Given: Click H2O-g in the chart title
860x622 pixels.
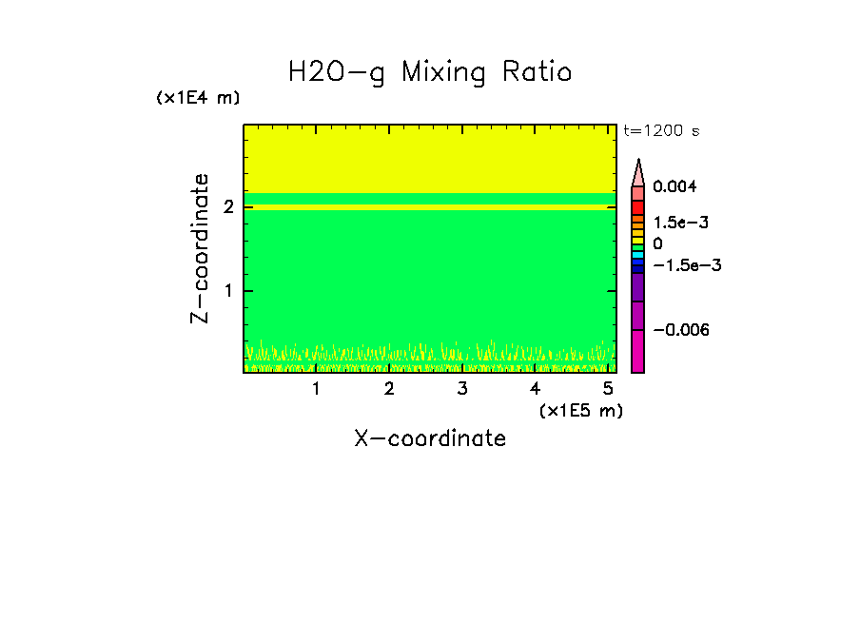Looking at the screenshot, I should tap(337, 72).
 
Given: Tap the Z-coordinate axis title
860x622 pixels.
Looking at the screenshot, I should tap(200, 248).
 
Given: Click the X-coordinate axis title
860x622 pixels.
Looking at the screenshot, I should tap(430, 438).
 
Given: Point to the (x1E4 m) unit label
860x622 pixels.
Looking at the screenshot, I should tap(198, 98).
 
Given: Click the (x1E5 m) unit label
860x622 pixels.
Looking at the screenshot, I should tap(580, 410).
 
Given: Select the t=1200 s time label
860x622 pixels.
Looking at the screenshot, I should tap(661, 131).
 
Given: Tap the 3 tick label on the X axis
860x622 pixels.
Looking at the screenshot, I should tap(461, 388).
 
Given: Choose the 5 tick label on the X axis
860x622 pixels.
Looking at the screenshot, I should tap(607, 388).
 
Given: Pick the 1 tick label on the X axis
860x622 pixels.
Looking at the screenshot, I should tap(316, 388).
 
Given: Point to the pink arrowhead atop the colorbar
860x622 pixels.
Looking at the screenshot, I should tap(638, 173).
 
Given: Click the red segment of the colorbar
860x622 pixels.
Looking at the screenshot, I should tap(638, 207).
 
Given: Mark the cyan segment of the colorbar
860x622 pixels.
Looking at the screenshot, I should tap(638, 256).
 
